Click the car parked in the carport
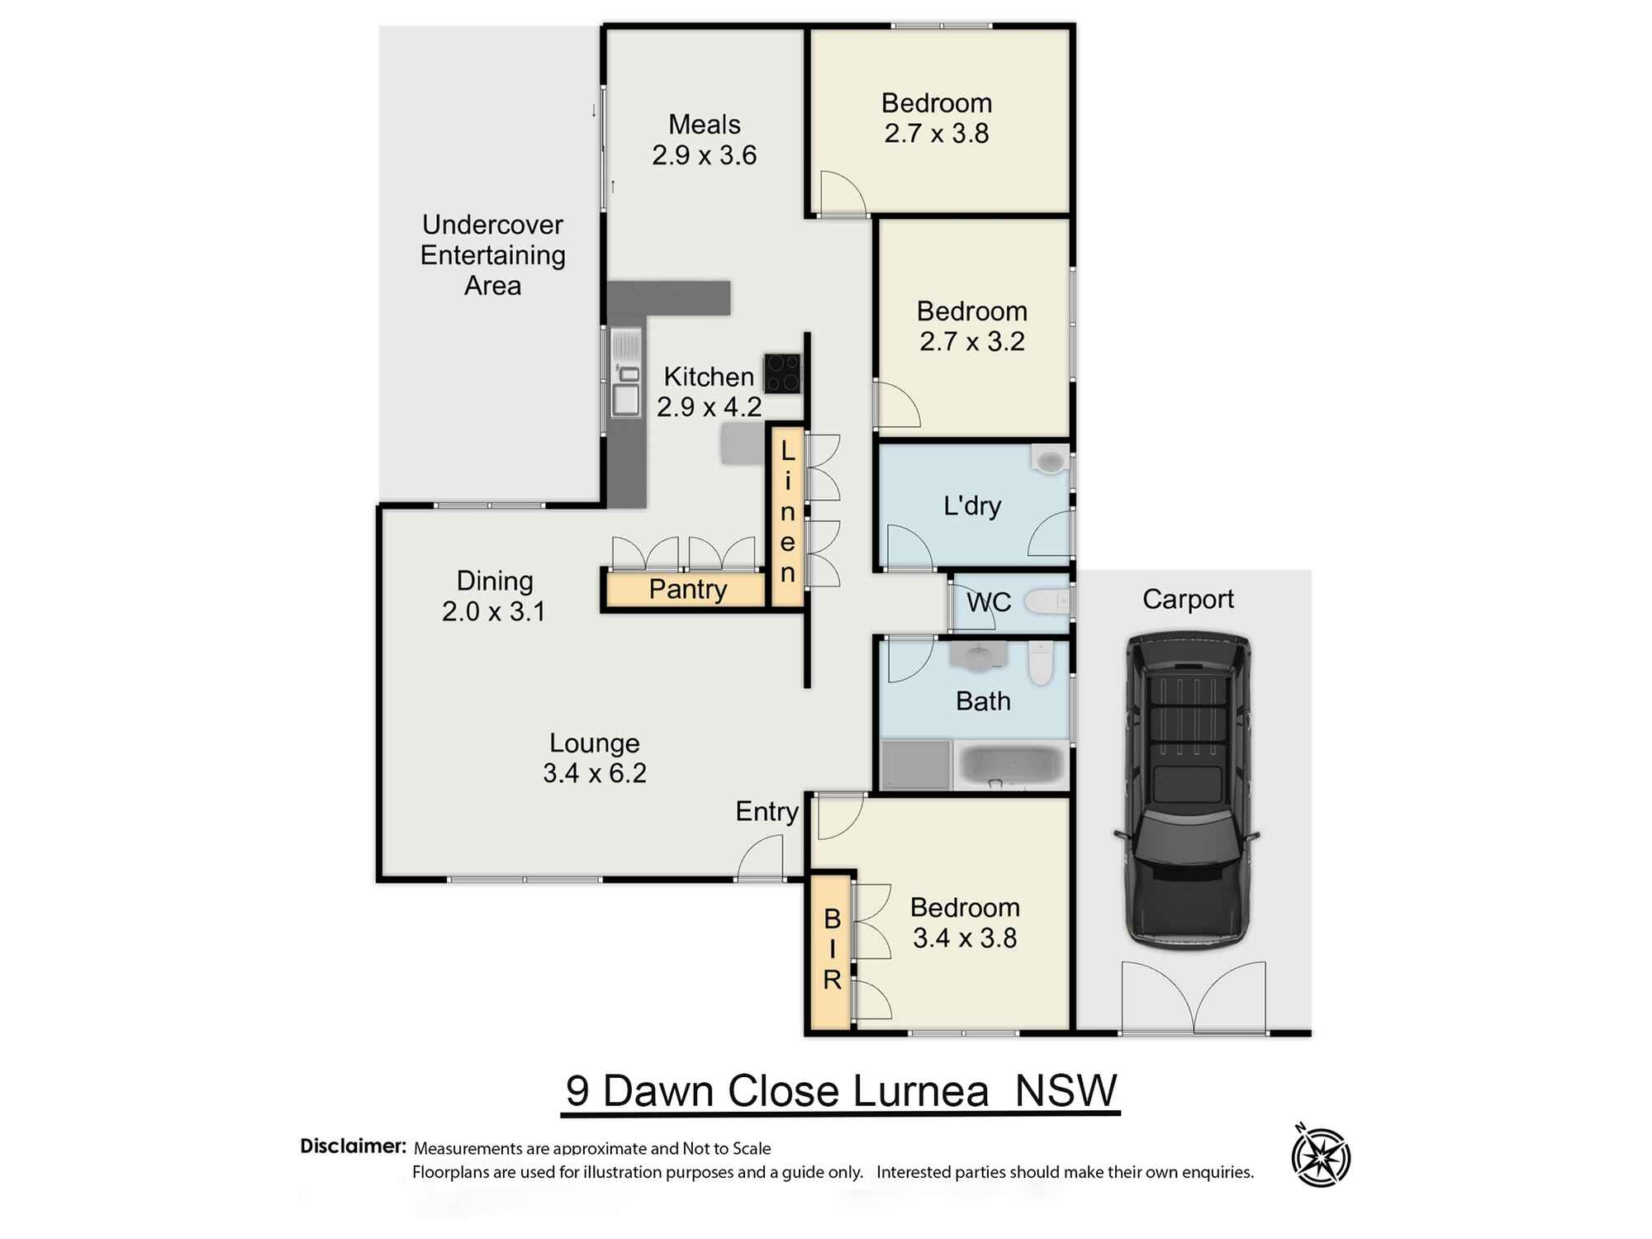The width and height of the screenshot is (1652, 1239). click(x=1188, y=791)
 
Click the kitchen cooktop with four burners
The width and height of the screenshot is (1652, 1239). click(x=781, y=373)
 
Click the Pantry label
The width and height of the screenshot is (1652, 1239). click(x=687, y=590)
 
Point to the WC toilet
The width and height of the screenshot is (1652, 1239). click(x=1047, y=602)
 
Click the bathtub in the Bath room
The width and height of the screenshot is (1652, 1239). click(x=1013, y=765)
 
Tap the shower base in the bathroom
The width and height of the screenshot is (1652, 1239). click(x=915, y=765)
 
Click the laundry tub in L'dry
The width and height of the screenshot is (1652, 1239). click(x=1050, y=459)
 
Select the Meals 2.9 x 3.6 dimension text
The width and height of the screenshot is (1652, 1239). click(x=704, y=155)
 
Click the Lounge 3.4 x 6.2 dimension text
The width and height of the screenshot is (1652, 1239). click(x=594, y=773)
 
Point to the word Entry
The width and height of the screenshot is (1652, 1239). click(x=767, y=811)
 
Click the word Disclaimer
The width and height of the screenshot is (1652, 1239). click(x=353, y=1146)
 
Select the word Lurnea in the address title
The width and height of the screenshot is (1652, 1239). click(x=920, y=1091)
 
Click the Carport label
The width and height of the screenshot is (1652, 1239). click(x=1187, y=599)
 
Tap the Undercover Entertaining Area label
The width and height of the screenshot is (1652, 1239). click(x=492, y=254)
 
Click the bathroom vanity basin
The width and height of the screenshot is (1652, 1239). click(x=978, y=657)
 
